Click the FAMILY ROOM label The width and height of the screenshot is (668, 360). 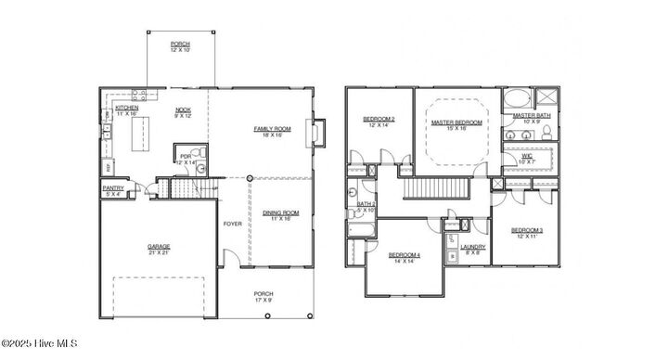[x=273, y=129]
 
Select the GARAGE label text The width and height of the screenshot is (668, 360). [x=158, y=247]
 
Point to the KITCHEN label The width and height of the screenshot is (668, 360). [x=127, y=108]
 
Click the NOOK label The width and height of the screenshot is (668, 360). [x=183, y=110]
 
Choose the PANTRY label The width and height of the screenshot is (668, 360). [x=113, y=187]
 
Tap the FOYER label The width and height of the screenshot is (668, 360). [x=232, y=224]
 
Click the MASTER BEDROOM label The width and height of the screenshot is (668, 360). [x=456, y=122]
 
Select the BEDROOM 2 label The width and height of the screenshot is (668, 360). [x=379, y=120]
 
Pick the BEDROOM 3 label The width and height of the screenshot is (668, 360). [x=526, y=229]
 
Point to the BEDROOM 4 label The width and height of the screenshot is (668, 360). [x=404, y=255]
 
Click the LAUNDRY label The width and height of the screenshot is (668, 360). [x=473, y=247]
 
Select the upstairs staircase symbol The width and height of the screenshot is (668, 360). [x=435, y=188]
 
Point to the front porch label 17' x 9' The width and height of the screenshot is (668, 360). [x=263, y=296]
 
